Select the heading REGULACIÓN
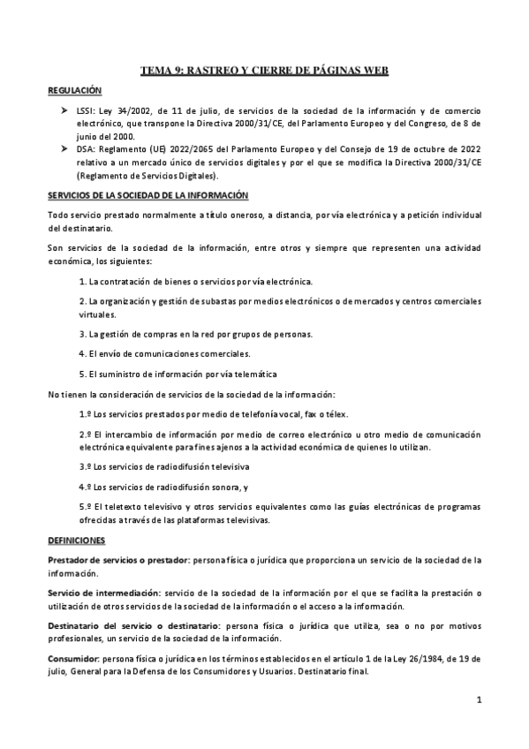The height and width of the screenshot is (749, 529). point(74,90)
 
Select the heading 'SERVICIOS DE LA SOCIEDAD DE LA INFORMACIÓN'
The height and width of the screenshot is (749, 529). point(147,194)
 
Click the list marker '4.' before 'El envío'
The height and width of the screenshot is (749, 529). point(82,353)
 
